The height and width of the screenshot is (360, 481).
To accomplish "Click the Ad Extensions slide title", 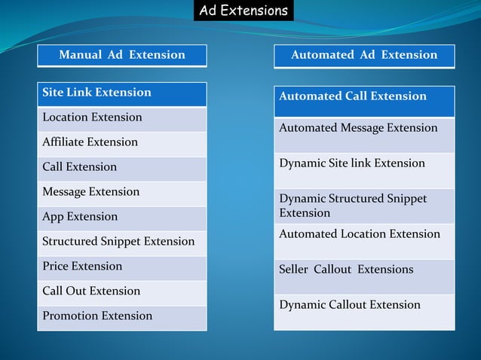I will coord(244,11).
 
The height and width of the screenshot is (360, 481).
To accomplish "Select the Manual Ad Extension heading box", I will coord(122,55).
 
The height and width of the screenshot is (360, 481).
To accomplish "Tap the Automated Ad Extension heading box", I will coord(364,55).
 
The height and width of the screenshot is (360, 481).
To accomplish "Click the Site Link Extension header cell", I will coord(122,93).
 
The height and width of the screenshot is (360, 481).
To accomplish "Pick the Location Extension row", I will coord(122,118).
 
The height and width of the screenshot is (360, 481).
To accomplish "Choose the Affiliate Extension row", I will coord(122,143).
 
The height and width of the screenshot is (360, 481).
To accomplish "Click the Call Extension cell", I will coord(122,168).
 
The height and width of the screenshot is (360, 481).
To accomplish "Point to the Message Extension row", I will coord(122,193).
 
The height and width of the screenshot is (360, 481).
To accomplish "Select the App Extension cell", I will coord(122,218).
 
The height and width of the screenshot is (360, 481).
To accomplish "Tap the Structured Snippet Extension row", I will coord(122,243).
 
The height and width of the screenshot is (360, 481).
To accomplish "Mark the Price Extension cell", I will coord(122,267).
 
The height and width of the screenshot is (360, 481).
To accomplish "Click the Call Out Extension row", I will coord(122,292).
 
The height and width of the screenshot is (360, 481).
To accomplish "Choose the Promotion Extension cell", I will coord(122,317).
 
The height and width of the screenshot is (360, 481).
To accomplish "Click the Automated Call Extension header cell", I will coord(364,101).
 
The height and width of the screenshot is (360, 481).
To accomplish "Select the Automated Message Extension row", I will coord(364,134).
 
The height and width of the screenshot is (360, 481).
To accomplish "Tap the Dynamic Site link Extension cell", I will coord(364,169).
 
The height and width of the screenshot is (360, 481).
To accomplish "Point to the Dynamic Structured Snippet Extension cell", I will coord(364,206).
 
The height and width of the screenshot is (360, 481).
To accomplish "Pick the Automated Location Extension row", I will coord(364,240).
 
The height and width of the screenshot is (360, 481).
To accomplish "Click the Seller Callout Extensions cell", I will coord(364,276).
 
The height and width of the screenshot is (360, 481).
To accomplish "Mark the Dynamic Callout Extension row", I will coord(364,311).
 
